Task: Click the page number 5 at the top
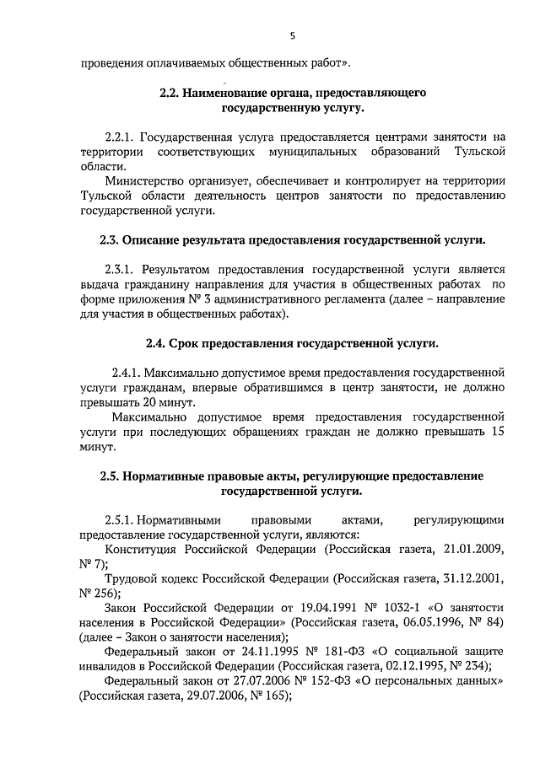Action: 292,35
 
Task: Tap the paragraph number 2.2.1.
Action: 121,137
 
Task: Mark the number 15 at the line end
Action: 498,433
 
